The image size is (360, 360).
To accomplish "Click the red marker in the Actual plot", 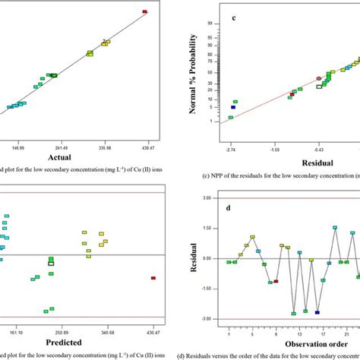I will coord(145,11).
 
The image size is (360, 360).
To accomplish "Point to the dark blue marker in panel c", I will coord(233,108).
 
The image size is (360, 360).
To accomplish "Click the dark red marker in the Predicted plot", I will coord(153,278).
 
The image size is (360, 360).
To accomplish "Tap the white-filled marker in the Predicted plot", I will coord(51,264).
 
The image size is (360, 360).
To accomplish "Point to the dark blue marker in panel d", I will coord(317,312).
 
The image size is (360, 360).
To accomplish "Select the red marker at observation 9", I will coord(276,281).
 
